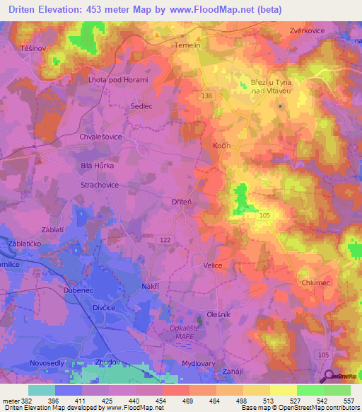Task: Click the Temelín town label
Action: coord(187,45)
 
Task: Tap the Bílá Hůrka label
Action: coord(98,164)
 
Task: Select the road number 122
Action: coord(164,240)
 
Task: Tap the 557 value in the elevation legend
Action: coord(349,400)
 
